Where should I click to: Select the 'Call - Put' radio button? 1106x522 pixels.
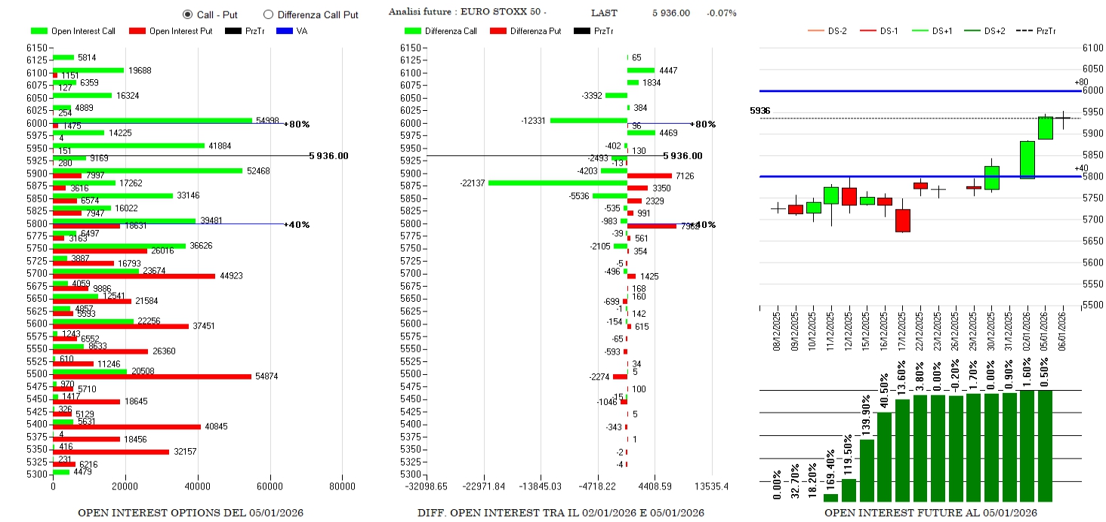(x=188, y=14)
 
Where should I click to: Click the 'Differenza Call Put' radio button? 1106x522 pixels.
(x=268, y=14)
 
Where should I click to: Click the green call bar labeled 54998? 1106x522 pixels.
(x=151, y=120)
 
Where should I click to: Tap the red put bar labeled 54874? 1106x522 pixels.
(x=151, y=376)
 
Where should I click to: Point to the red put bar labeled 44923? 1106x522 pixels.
(x=134, y=276)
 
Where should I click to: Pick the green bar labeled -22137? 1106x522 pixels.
(x=557, y=183)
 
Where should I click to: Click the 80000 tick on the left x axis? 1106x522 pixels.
(x=342, y=487)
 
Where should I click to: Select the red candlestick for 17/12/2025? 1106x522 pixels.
(x=903, y=220)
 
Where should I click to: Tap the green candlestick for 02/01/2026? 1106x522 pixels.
(x=1027, y=159)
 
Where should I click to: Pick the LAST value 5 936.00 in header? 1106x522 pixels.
(x=671, y=13)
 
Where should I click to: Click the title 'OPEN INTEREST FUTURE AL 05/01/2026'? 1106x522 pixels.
(x=930, y=513)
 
